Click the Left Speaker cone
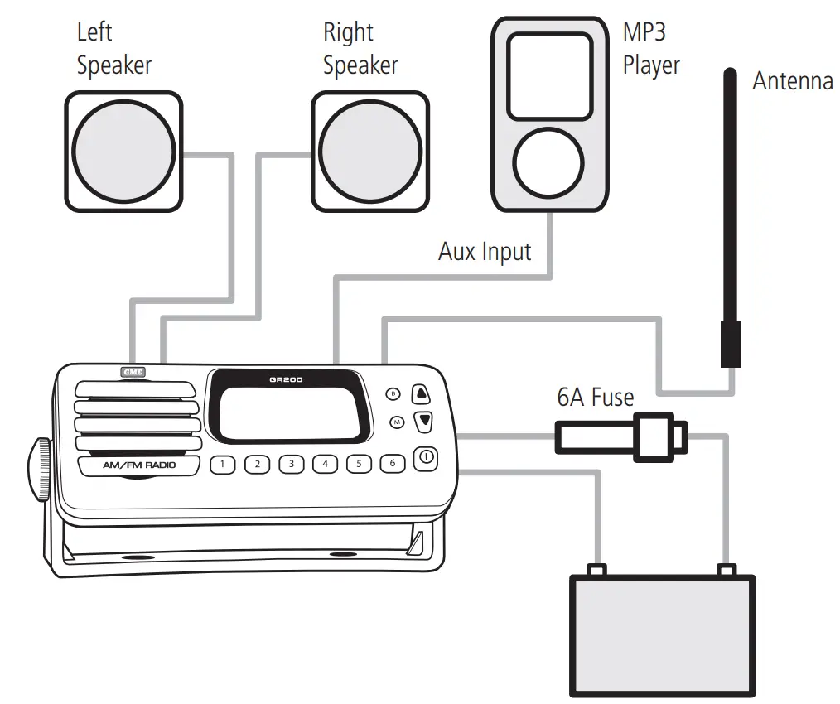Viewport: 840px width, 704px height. point(123,151)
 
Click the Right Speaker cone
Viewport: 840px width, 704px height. point(370,151)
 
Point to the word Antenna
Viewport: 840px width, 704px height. point(792,81)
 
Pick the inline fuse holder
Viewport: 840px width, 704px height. point(621,436)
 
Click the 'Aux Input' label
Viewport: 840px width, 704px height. point(485,251)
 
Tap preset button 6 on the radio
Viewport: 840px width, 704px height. point(393,464)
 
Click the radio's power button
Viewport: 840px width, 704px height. point(425,458)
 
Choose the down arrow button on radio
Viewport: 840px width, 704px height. point(423,421)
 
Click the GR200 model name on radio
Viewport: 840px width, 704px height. point(286,380)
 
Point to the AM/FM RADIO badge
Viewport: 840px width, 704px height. point(139,466)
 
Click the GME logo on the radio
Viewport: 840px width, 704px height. point(133,372)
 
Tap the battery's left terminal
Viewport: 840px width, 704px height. point(594,571)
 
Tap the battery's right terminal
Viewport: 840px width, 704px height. point(727,571)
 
